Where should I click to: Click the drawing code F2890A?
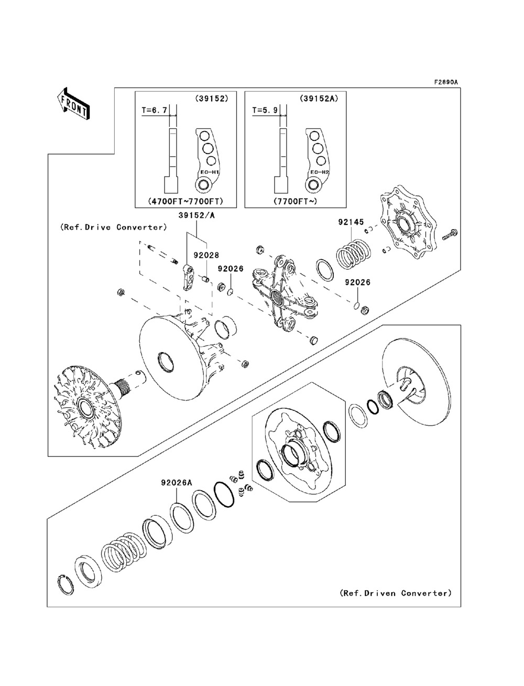[x=445, y=82]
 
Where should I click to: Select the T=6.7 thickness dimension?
[x=156, y=111]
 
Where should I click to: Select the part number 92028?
[x=205, y=256]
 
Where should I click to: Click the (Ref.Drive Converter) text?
[x=114, y=227]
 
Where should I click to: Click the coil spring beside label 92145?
[x=353, y=254]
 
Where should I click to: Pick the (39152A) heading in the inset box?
[x=316, y=98]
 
